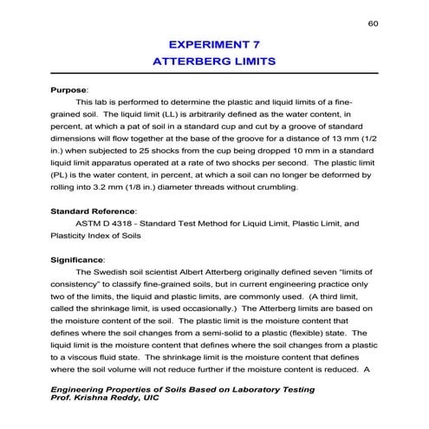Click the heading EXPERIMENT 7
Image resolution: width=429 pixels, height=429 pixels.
pos(214,42)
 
